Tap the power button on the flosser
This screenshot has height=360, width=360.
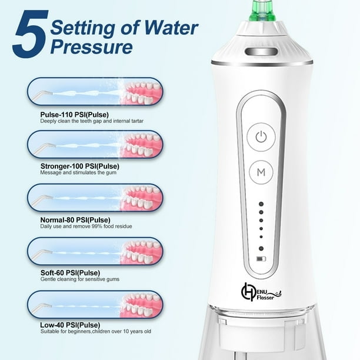(x=261, y=137)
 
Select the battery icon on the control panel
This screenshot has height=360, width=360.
(x=261, y=259)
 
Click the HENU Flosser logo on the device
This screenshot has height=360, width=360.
(x=261, y=292)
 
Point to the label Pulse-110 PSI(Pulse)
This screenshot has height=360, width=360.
(x=74, y=115)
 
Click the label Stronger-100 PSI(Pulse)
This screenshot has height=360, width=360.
(x=79, y=166)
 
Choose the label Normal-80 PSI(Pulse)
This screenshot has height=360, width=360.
(x=75, y=220)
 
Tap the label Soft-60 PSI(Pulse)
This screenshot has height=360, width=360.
(x=70, y=273)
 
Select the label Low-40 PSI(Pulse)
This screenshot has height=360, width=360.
(x=70, y=325)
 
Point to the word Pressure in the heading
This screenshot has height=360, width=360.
(x=91, y=47)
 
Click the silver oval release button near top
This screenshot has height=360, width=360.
(x=261, y=51)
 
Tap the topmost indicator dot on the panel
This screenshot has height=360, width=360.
(x=261, y=204)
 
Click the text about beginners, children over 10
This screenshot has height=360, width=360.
(x=96, y=331)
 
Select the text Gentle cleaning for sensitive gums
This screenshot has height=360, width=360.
(x=80, y=279)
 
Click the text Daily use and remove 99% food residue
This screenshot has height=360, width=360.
(x=86, y=226)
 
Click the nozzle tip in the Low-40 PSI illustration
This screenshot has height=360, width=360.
(x=49, y=306)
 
